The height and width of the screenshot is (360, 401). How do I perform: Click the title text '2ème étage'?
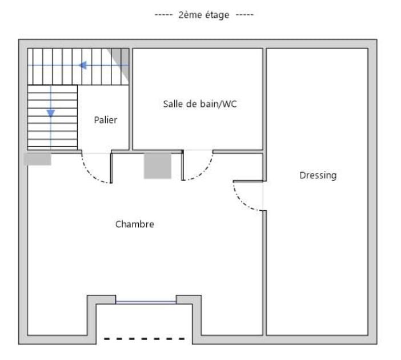point(203,15)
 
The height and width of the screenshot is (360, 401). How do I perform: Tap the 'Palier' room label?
point(105,120)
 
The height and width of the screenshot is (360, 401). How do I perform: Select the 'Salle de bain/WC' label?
point(200,104)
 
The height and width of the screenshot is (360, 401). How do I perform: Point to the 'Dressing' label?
point(318,175)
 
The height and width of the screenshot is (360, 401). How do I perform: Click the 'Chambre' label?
point(134,224)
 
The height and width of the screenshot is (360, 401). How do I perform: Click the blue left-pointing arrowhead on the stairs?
point(82,65)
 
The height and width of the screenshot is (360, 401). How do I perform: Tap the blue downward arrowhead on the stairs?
point(51,113)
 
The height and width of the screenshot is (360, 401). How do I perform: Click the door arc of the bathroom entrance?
point(203,170)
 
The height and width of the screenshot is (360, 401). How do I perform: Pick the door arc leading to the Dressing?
point(242,201)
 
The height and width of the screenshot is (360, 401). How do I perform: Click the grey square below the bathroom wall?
point(158,166)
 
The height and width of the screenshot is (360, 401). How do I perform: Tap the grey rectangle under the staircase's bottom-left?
point(37,159)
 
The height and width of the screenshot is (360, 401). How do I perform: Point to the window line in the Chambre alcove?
point(146,302)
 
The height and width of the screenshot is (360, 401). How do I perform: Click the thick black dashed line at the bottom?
point(145,339)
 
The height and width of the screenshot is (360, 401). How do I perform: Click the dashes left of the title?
point(164,15)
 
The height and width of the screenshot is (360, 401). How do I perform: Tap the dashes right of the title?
point(244,15)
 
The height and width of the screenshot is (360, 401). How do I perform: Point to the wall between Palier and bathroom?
point(131,99)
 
